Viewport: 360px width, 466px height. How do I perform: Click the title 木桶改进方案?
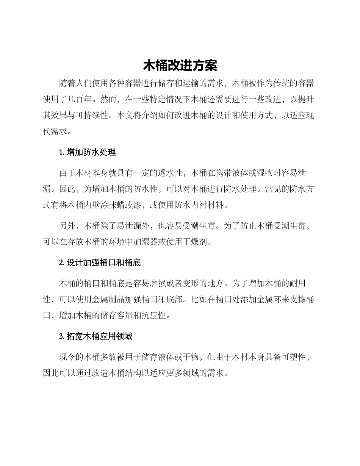click(180, 66)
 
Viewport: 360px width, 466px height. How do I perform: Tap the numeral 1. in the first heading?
click(62, 152)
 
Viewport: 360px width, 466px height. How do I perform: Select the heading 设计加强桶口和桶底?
click(104, 263)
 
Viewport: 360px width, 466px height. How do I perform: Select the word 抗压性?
click(153, 315)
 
